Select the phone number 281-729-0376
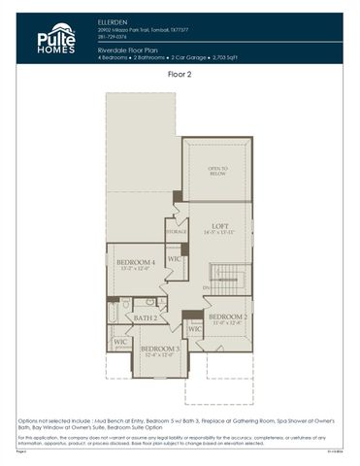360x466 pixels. click(x=113, y=36)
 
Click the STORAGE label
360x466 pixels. click(x=176, y=233)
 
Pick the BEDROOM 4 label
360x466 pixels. click(x=135, y=263)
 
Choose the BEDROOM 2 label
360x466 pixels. click(x=227, y=316)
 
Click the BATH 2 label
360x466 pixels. click(x=146, y=317)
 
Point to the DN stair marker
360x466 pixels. click(x=206, y=288)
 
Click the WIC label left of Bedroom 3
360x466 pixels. click(x=120, y=342)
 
